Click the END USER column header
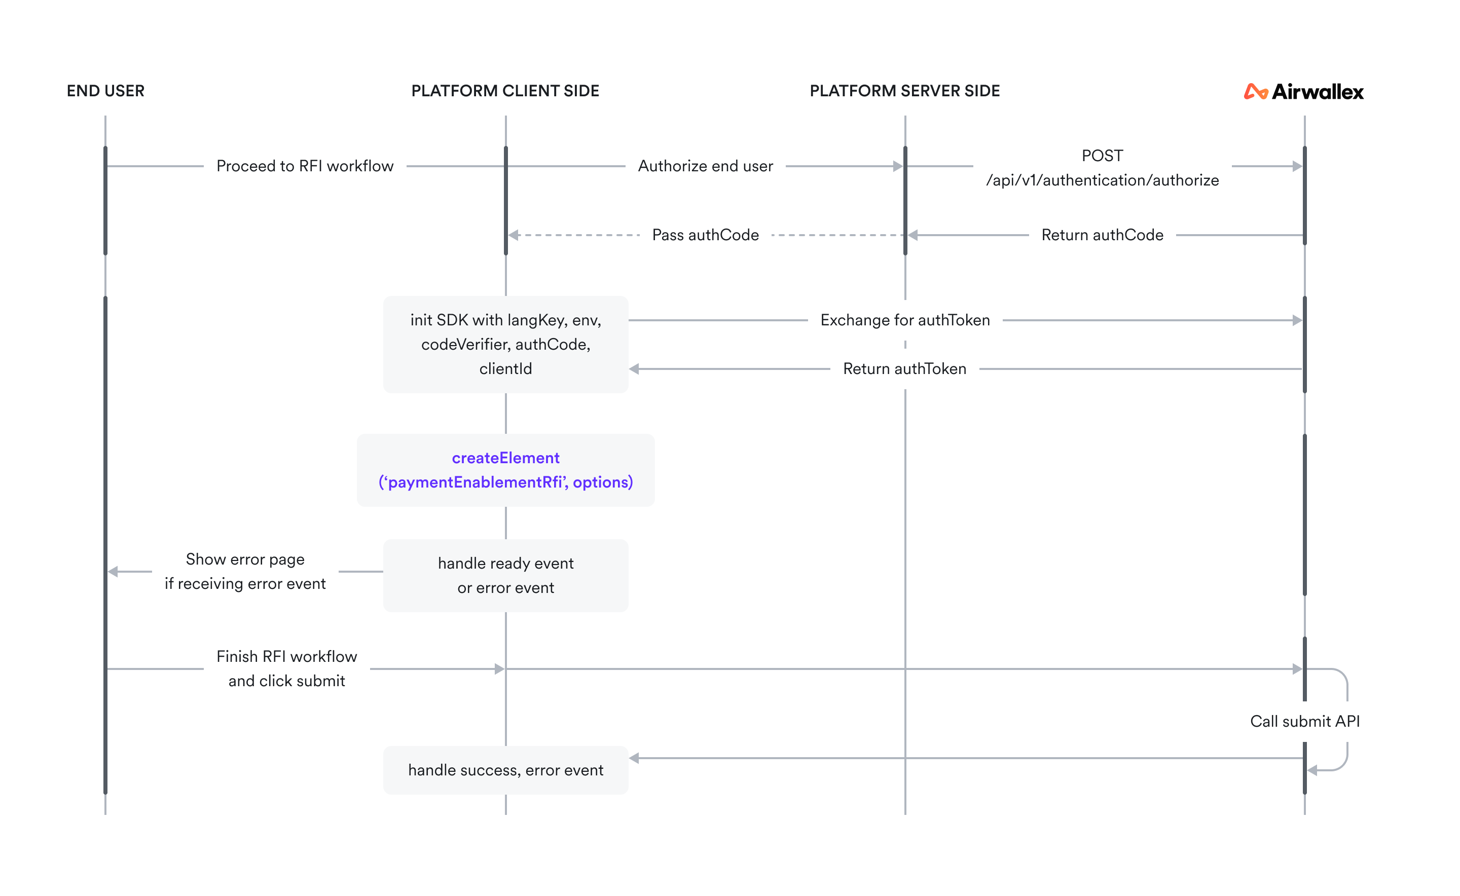point(105,91)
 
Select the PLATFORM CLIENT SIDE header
point(505,91)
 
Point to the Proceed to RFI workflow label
point(305,166)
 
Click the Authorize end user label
point(705,166)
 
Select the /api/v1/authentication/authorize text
point(1102,180)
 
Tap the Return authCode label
point(1102,235)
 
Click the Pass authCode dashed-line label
point(705,235)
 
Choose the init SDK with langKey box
point(505,344)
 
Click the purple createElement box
point(505,470)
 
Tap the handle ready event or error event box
point(505,575)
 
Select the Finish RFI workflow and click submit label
point(286,668)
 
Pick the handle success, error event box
point(505,770)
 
